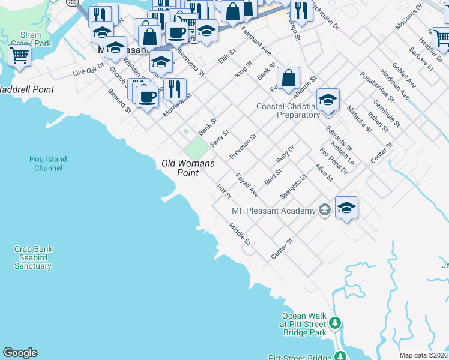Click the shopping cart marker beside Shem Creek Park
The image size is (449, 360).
20,56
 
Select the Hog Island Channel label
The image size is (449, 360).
48,163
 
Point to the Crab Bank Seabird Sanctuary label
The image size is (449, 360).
32,257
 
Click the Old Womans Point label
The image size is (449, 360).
188,168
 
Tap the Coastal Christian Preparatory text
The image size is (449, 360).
288,110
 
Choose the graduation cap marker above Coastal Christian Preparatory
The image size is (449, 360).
328,100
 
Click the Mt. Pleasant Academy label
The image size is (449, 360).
273,211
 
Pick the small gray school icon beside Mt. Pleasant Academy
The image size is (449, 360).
325,210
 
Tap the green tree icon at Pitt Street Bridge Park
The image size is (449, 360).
336,323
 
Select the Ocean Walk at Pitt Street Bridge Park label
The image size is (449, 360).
303,324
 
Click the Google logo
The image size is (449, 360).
20,353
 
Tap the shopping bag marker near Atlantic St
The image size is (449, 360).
289,78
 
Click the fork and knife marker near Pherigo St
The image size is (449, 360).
301,11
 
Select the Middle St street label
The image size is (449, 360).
239,233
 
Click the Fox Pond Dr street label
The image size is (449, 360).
333,161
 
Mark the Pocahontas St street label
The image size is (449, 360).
376,86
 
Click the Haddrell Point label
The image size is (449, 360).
26,89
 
